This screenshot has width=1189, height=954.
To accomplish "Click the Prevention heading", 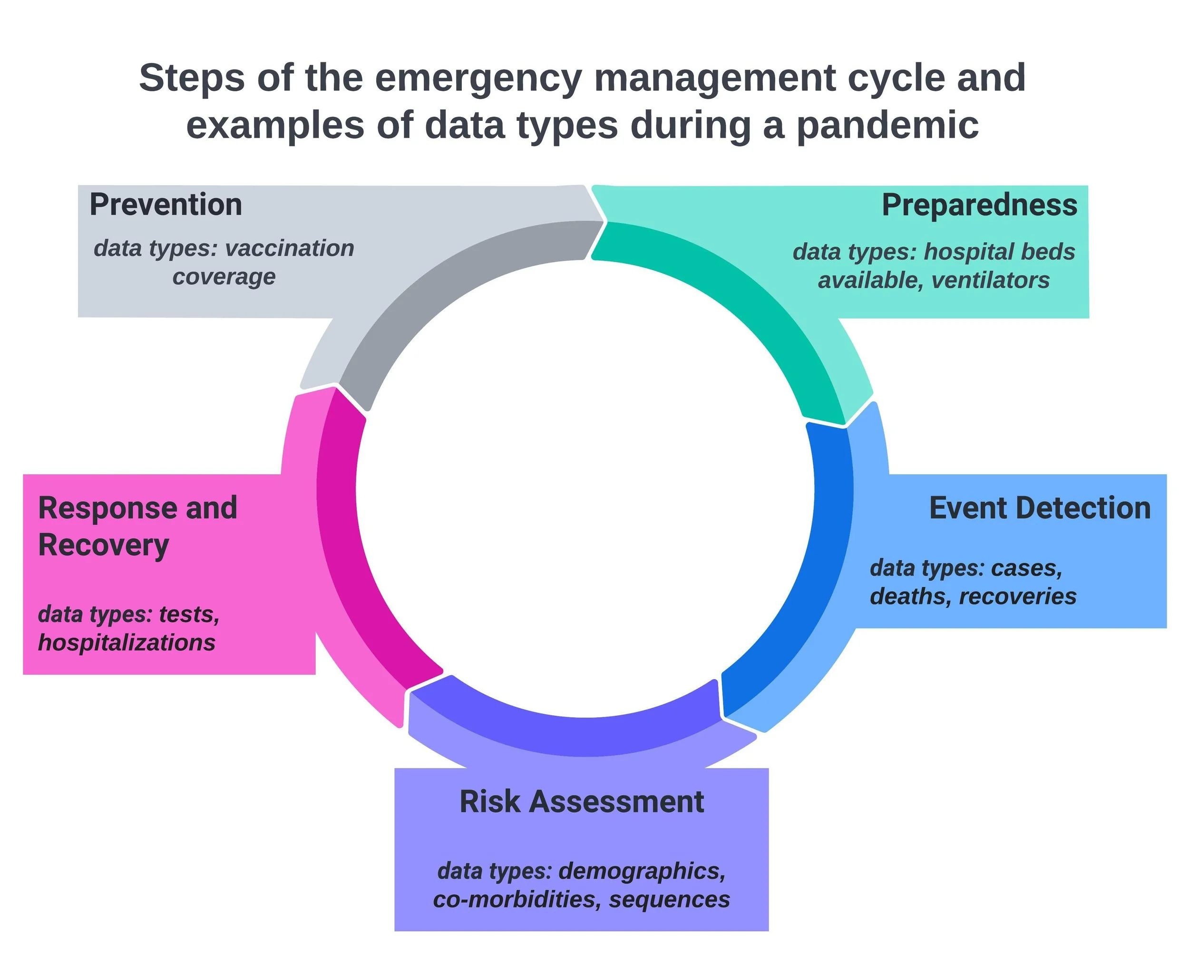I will tap(166, 204).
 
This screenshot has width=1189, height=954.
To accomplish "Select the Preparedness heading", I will tap(979, 205).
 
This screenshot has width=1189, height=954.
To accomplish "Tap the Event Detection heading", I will tap(1040, 508).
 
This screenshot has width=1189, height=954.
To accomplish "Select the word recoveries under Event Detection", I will tap(1017, 596).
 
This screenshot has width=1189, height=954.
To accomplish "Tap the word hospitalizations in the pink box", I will tap(127, 642).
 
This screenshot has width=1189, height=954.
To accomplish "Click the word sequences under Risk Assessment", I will tap(670, 899).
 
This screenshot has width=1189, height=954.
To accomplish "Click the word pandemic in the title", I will tap(887, 125).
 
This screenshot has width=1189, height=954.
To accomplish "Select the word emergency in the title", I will tap(478, 78).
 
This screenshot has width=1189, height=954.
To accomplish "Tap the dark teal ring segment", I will tap(733, 292).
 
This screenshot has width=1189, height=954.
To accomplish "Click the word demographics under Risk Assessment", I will tap(642, 871).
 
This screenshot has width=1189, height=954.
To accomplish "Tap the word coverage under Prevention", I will tap(224, 277).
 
